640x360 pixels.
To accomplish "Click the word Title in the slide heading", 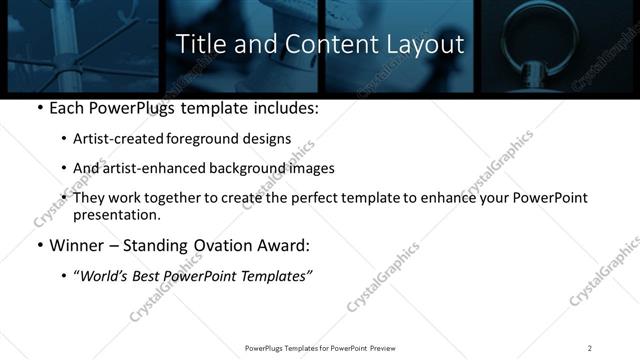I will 199,45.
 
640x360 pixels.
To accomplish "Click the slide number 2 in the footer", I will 590,347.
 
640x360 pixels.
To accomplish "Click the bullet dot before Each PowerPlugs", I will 39,108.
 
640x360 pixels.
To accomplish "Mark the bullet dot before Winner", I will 39,246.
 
